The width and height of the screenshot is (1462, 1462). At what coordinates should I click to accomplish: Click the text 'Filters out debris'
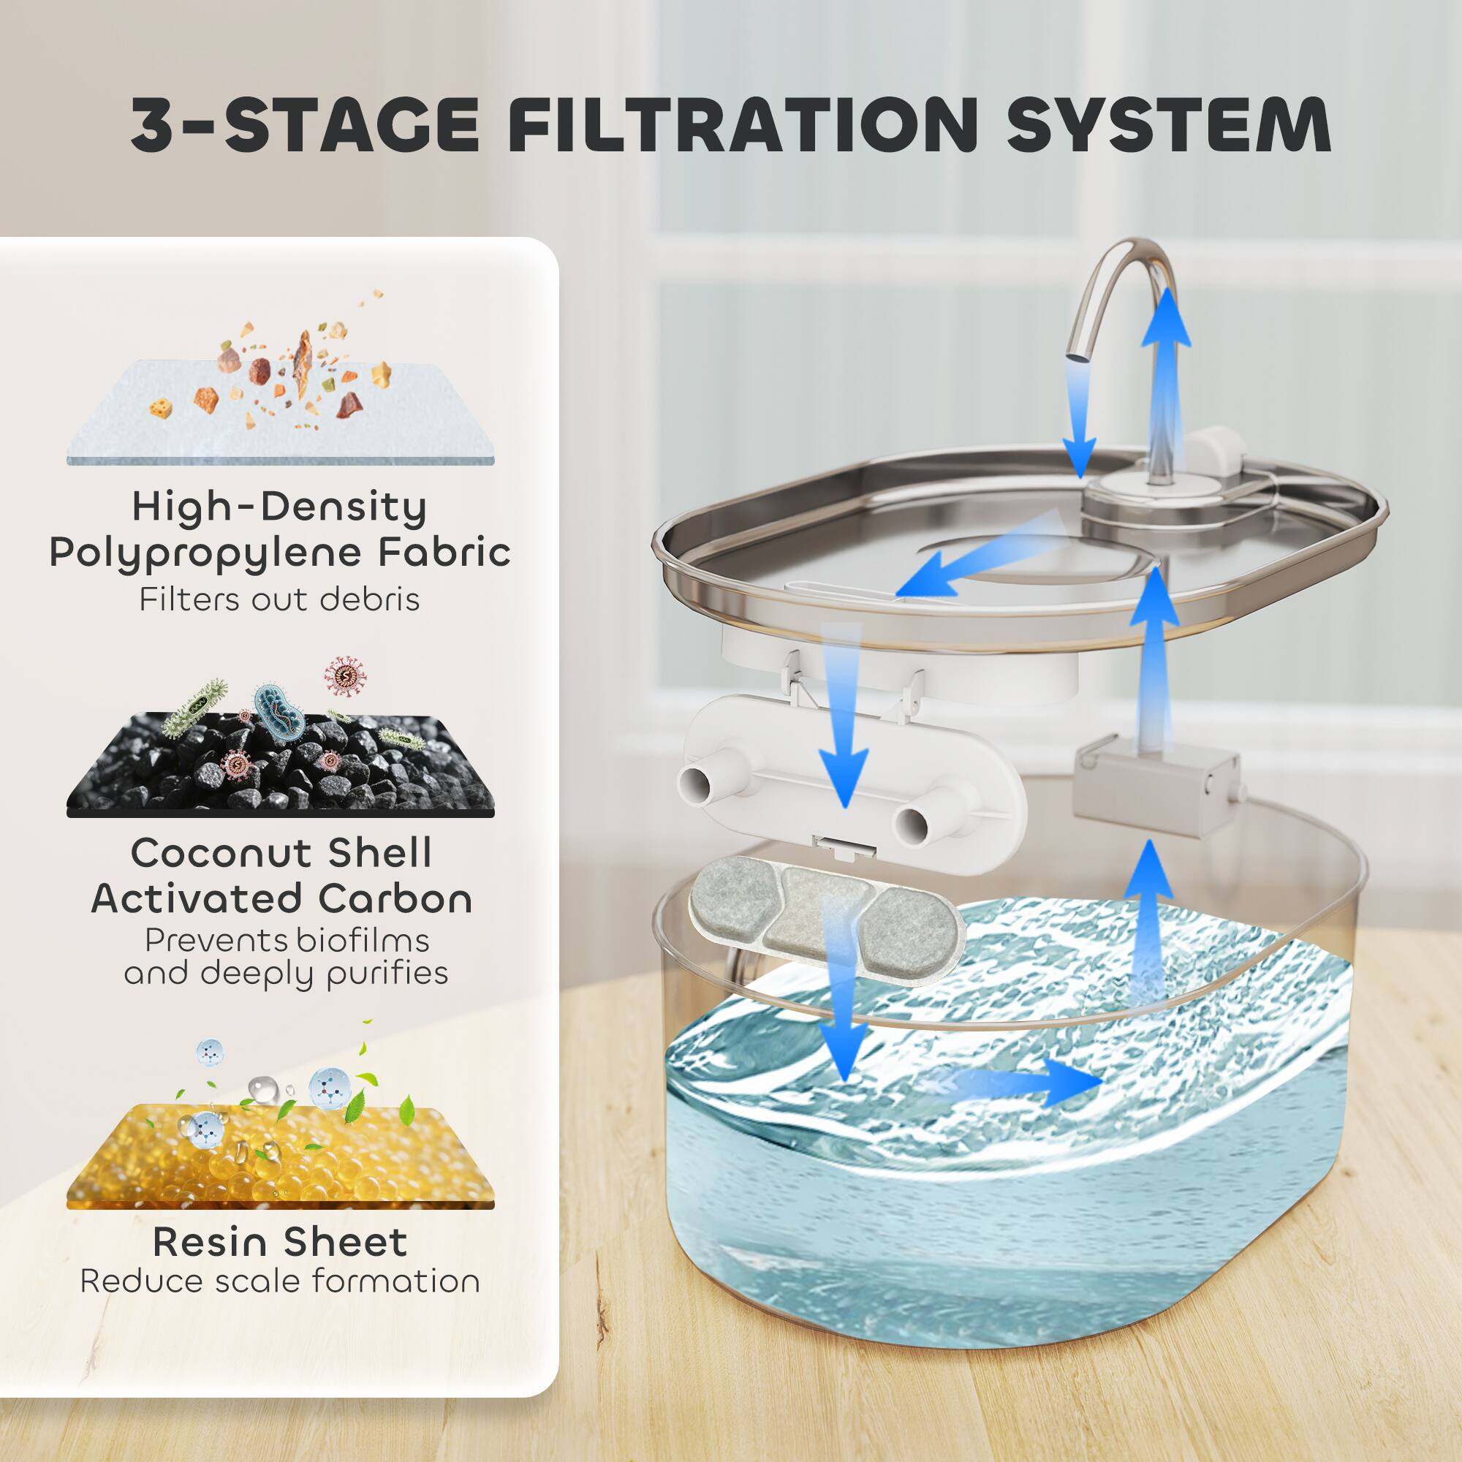(279, 599)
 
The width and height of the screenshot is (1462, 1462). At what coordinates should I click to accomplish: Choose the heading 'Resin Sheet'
(280, 1242)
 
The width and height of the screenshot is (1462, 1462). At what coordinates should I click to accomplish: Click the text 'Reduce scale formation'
(280, 1281)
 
